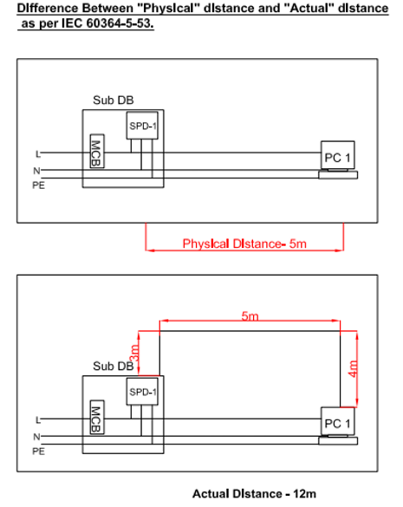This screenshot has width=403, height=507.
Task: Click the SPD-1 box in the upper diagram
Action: (x=142, y=126)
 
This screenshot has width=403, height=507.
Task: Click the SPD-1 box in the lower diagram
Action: (x=142, y=391)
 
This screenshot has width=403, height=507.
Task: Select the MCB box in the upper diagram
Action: (x=97, y=151)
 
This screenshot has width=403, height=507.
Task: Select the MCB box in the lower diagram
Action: (x=97, y=417)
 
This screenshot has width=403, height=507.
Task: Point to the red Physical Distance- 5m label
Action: (x=244, y=244)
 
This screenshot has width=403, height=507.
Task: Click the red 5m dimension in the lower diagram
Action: (x=250, y=316)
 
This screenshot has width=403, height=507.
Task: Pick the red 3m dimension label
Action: (x=134, y=353)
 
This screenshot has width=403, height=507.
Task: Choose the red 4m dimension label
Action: (x=354, y=368)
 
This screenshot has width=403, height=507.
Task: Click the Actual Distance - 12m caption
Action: (x=254, y=494)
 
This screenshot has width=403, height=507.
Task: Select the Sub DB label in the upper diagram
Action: (x=114, y=101)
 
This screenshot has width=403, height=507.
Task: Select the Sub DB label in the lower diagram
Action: (x=114, y=366)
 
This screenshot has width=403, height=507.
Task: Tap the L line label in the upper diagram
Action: (x=38, y=154)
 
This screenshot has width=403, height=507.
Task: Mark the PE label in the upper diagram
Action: (x=38, y=185)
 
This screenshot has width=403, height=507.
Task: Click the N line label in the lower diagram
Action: (x=36, y=437)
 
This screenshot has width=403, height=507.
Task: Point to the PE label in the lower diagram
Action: (x=38, y=452)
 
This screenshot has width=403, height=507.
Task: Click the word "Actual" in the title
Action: (x=309, y=8)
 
